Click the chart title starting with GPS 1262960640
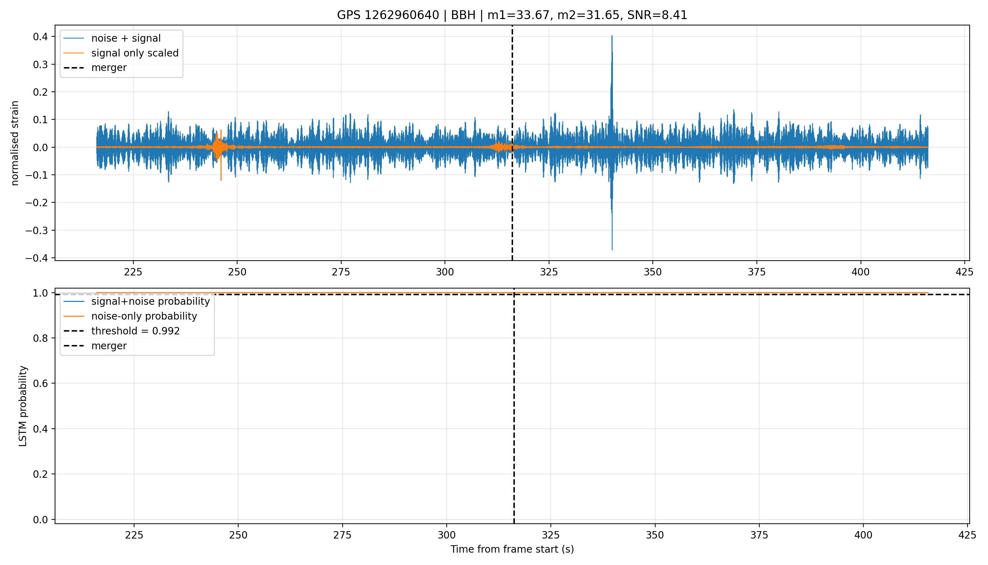coord(512,15)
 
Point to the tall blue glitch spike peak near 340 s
coord(612,36)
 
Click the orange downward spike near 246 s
coord(221,180)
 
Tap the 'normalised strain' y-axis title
coord(15,143)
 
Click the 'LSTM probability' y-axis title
coord(23,406)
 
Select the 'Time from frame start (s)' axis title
coord(512,549)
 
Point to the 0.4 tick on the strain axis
coord(40,37)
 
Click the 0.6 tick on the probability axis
coord(40,384)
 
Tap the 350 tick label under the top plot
coord(652,272)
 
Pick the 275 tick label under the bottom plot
coord(342,535)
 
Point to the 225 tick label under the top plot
coord(133,272)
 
